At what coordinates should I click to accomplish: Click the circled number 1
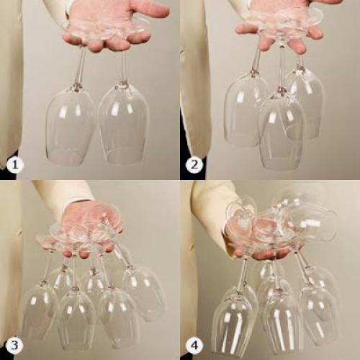pos(15,165)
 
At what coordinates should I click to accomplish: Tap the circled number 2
pos(194,165)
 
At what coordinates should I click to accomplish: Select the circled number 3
pos(15,346)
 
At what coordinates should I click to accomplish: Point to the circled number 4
pos(194,346)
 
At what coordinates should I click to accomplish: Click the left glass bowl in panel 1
pos(70,126)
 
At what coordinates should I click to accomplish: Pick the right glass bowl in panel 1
pos(124,124)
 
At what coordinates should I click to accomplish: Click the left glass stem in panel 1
pos(81,66)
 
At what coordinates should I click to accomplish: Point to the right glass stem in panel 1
pos(125,66)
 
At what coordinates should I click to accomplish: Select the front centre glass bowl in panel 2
pos(281,132)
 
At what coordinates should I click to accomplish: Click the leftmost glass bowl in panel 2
pos(243,110)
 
